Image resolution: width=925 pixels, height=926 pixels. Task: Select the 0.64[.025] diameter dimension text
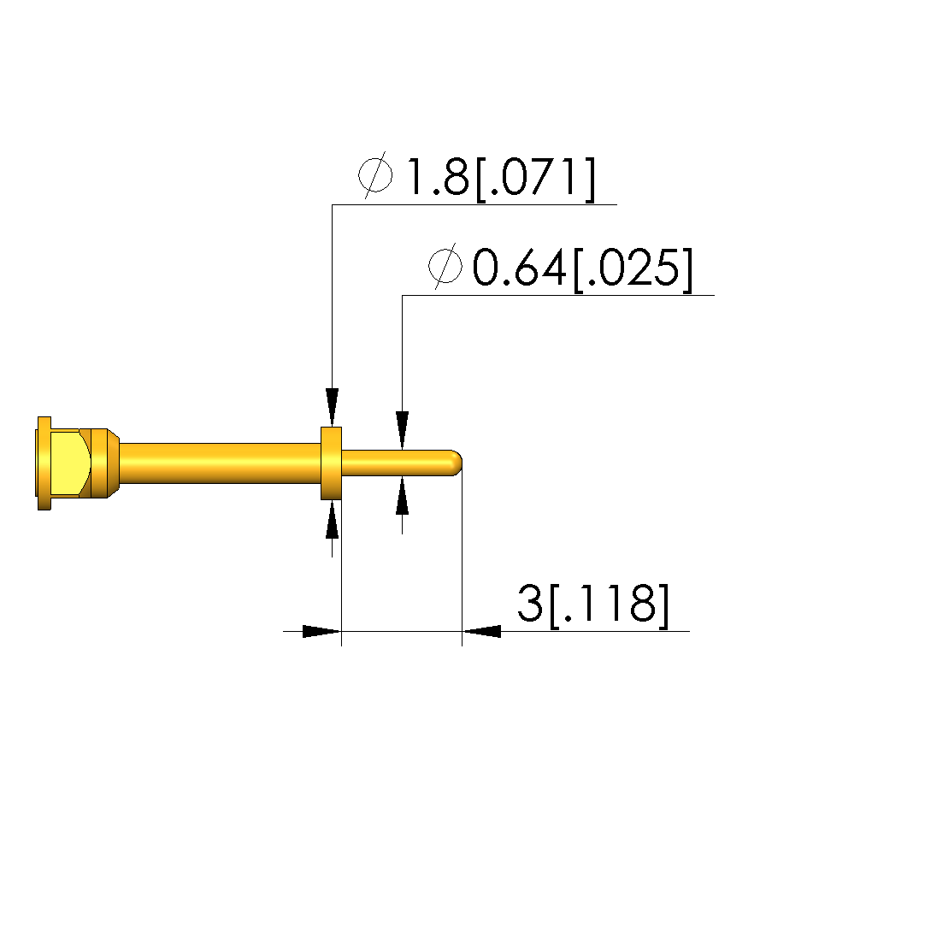[x=583, y=268]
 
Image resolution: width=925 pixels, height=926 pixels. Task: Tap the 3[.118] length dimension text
[x=593, y=605]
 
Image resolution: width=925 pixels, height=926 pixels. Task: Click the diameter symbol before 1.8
[x=374, y=174]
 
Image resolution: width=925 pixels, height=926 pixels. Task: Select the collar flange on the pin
[x=331, y=463]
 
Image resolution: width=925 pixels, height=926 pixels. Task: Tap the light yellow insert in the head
[x=69, y=463]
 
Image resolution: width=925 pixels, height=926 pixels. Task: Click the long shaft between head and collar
[x=221, y=463]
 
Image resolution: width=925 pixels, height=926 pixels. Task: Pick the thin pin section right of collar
[x=397, y=463]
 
